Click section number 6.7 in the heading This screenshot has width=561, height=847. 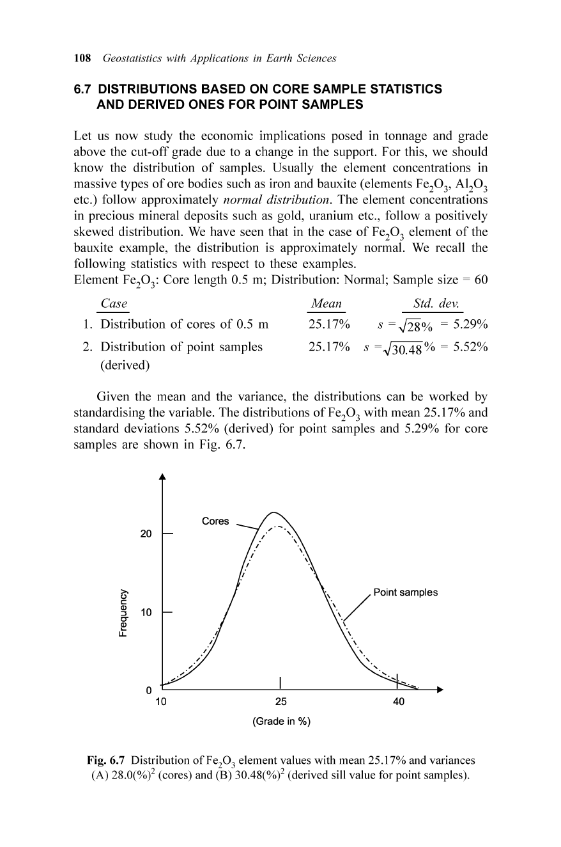click(x=84, y=89)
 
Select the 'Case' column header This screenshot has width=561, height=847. click(x=114, y=303)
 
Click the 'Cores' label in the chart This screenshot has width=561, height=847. click(x=215, y=521)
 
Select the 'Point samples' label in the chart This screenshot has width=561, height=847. click(x=406, y=592)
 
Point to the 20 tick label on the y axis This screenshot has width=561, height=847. click(x=146, y=534)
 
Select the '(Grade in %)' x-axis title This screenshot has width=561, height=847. click(x=282, y=722)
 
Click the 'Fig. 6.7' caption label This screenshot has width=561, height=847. click(x=105, y=761)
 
